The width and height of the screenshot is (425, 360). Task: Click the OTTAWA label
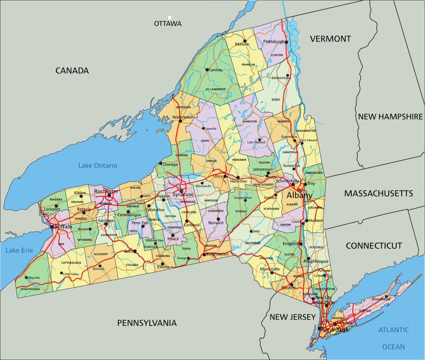(x=167, y=23)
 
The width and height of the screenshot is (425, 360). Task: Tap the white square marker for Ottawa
(x=170, y=18)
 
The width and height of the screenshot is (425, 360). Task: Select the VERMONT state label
(x=330, y=39)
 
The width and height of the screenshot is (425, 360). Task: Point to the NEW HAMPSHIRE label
(x=390, y=116)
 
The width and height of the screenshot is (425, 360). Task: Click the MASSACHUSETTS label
(x=378, y=193)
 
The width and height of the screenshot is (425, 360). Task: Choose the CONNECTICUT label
(x=374, y=245)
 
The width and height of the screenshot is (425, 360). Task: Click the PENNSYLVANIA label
(x=147, y=322)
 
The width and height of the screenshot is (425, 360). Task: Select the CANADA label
(x=72, y=70)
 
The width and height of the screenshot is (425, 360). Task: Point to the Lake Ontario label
(x=98, y=165)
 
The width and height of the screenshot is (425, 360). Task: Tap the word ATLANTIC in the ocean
(x=393, y=330)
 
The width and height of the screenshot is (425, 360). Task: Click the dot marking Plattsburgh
(x=285, y=41)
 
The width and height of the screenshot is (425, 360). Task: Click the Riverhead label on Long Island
(x=381, y=299)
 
